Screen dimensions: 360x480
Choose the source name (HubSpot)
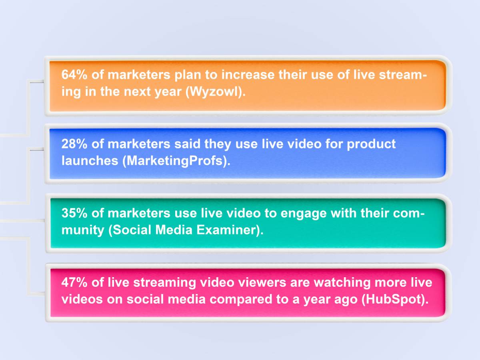[394, 300]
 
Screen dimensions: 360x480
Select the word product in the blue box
[371, 144]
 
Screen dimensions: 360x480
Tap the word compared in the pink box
[251, 300]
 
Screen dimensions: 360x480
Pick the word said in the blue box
[188, 144]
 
